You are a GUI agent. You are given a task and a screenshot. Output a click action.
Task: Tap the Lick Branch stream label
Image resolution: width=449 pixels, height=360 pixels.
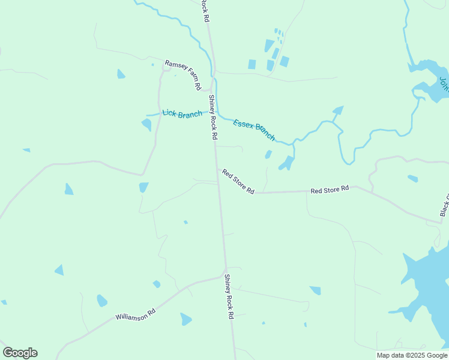pos(182,113)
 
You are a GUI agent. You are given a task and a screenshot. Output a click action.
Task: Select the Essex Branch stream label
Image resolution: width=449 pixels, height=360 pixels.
pos(254,130)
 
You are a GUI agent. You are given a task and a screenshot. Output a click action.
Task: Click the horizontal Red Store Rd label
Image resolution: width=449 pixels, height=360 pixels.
pos(330,190)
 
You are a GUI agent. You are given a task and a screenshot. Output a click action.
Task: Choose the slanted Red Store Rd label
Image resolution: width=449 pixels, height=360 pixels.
pos(238,181)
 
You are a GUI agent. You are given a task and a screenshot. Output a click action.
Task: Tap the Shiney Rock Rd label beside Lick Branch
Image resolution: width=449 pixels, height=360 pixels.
pos(212,117)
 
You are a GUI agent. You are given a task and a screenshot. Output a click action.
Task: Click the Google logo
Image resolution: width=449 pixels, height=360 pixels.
pos(20,353)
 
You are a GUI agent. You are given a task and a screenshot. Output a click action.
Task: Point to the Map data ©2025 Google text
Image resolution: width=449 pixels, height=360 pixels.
pos(411,355)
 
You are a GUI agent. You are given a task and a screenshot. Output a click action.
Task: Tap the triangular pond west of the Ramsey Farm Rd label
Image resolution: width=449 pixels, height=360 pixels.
pos(121,74)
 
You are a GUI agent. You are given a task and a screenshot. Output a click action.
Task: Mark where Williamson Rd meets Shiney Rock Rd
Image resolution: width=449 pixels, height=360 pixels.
pos(226,275)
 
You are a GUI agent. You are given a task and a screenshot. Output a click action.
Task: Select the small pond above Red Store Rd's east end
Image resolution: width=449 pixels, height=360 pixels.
pos(412,178)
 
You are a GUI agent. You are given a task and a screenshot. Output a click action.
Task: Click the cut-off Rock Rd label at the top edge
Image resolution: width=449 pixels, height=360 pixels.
pos(205,10)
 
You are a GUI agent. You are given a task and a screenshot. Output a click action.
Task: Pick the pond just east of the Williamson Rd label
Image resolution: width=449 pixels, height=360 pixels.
pos(186,319)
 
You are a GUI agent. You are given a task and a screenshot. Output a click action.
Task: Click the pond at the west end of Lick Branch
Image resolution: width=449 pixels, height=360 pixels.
pos(146,125)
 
